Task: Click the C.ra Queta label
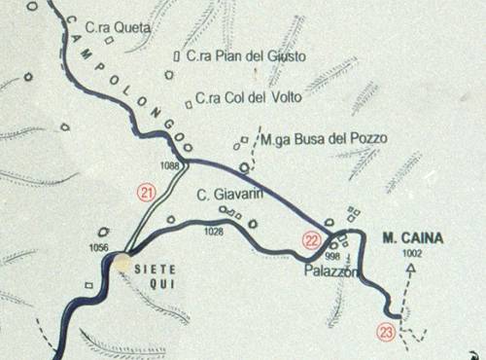(x=119, y=29)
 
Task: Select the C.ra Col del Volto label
(x=248, y=97)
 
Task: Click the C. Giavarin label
(x=231, y=194)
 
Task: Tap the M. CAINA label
(x=412, y=237)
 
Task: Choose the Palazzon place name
(x=331, y=271)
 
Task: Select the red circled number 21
(x=147, y=193)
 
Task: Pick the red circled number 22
(x=310, y=239)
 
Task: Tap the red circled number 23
(x=387, y=332)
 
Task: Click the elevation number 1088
(x=170, y=166)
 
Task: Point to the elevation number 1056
(x=98, y=248)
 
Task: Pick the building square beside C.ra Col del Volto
(x=189, y=100)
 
